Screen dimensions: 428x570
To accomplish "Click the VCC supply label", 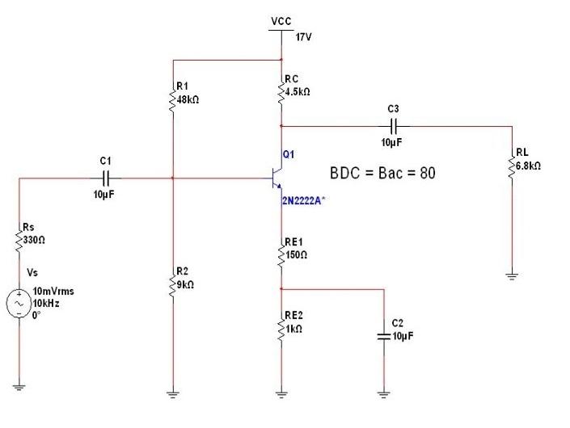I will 281,20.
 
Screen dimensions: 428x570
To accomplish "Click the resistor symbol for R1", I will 172,100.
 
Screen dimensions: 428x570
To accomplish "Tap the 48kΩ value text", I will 188,99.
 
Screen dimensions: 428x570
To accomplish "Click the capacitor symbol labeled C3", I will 394,126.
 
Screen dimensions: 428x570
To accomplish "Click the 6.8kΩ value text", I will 529,165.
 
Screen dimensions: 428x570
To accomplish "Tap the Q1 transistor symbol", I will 275,178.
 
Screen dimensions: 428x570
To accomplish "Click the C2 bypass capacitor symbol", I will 383,335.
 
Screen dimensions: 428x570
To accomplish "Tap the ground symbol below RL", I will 511,277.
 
